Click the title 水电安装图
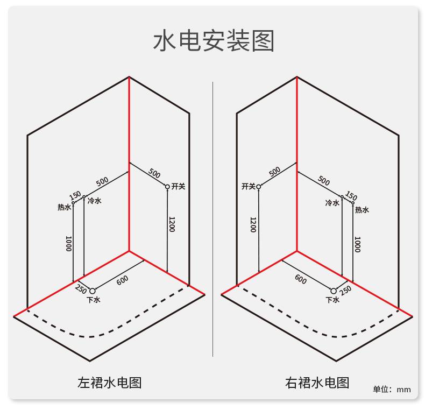pyautogui.click(x=214, y=41)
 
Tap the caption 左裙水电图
pyautogui.click(x=110, y=383)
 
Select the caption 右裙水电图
pyautogui.click(x=317, y=383)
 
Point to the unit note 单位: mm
pyautogui.click(x=392, y=390)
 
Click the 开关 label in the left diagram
pyautogui.click(x=179, y=186)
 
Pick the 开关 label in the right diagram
pyautogui.click(x=249, y=186)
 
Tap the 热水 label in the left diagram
pyautogui.click(x=64, y=207)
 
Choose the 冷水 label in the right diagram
pyautogui.click(x=332, y=202)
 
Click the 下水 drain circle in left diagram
pyautogui.click(x=93, y=291)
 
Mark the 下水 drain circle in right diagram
pyautogui.click(x=334, y=291)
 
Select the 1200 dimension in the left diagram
pyautogui.click(x=172, y=224)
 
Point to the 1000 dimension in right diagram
pyautogui.click(x=358, y=244)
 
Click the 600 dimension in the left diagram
pyautogui.click(x=123, y=280)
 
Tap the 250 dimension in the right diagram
pyautogui.click(x=345, y=290)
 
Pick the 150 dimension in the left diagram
pyautogui.click(x=75, y=195)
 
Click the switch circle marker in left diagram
pyautogui.click(x=167, y=187)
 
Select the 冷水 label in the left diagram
pyautogui.click(x=95, y=201)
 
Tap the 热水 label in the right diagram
pyautogui.click(x=362, y=210)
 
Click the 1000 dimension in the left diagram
pyautogui.click(x=69, y=244)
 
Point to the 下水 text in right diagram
pyautogui.click(x=332, y=300)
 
